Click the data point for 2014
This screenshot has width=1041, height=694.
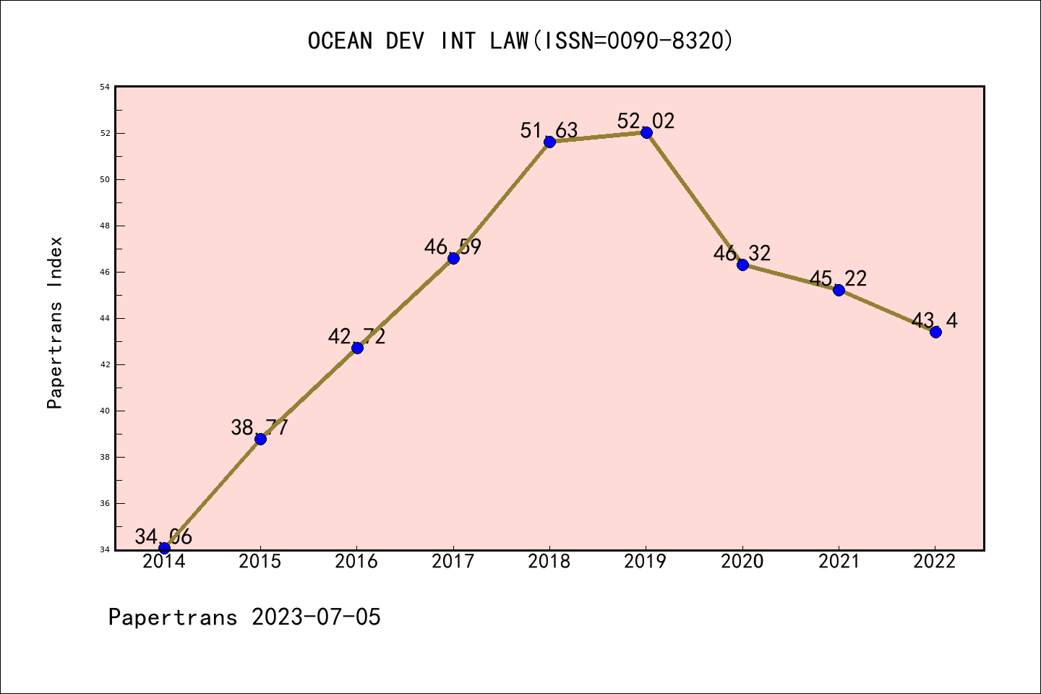[x=164, y=548]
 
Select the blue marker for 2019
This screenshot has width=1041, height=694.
[x=646, y=132]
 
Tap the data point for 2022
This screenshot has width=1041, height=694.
[x=935, y=332]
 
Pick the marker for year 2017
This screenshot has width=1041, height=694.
[x=453, y=258]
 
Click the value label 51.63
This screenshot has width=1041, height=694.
[x=549, y=130]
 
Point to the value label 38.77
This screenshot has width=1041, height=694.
[x=260, y=427]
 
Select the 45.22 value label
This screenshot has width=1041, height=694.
[x=838, y=278]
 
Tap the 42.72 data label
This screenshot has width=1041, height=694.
[x=356, y=336]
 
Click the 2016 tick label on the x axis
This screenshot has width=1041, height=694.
[x=356, y=562]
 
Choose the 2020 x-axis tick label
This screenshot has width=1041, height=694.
[x=742, y=562]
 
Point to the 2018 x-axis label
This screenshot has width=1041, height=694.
[x=549, y=562]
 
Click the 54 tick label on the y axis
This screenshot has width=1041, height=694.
[x=105, y=87]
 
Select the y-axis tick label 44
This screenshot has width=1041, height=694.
[x=105, y=318]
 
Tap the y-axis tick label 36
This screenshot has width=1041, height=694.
[x=105, y=503]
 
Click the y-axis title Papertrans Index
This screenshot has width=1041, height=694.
[x=55, y=322]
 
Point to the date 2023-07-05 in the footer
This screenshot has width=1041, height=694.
[x=316, y=617]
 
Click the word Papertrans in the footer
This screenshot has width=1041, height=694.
[x=173, y=617]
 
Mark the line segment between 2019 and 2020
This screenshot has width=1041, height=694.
[x=694, y=198]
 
